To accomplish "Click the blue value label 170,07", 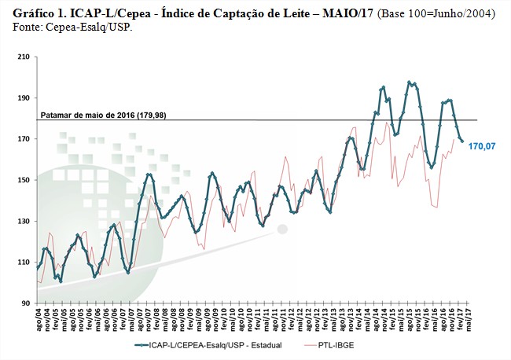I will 482,145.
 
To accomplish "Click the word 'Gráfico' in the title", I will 34,14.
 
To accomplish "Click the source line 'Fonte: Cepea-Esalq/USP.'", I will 73,28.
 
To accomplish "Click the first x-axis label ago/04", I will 38,320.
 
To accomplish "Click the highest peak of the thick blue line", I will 410,82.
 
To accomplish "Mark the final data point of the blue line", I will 462,142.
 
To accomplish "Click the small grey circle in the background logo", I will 282,230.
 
